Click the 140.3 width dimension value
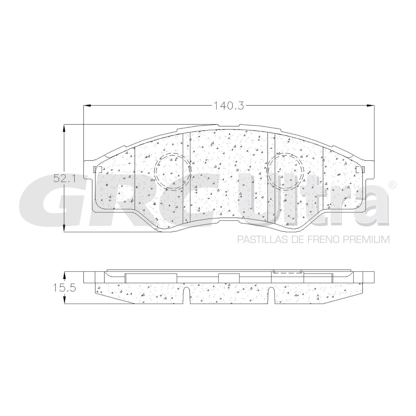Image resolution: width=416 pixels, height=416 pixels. (228, 106)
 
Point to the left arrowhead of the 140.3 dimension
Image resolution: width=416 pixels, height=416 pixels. (87, 105)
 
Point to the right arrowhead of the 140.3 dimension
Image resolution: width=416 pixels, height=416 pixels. (371, 105)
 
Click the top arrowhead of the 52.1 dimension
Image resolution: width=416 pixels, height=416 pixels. (64, 129)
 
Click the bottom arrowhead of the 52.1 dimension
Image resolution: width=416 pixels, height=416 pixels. (64, 227)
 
